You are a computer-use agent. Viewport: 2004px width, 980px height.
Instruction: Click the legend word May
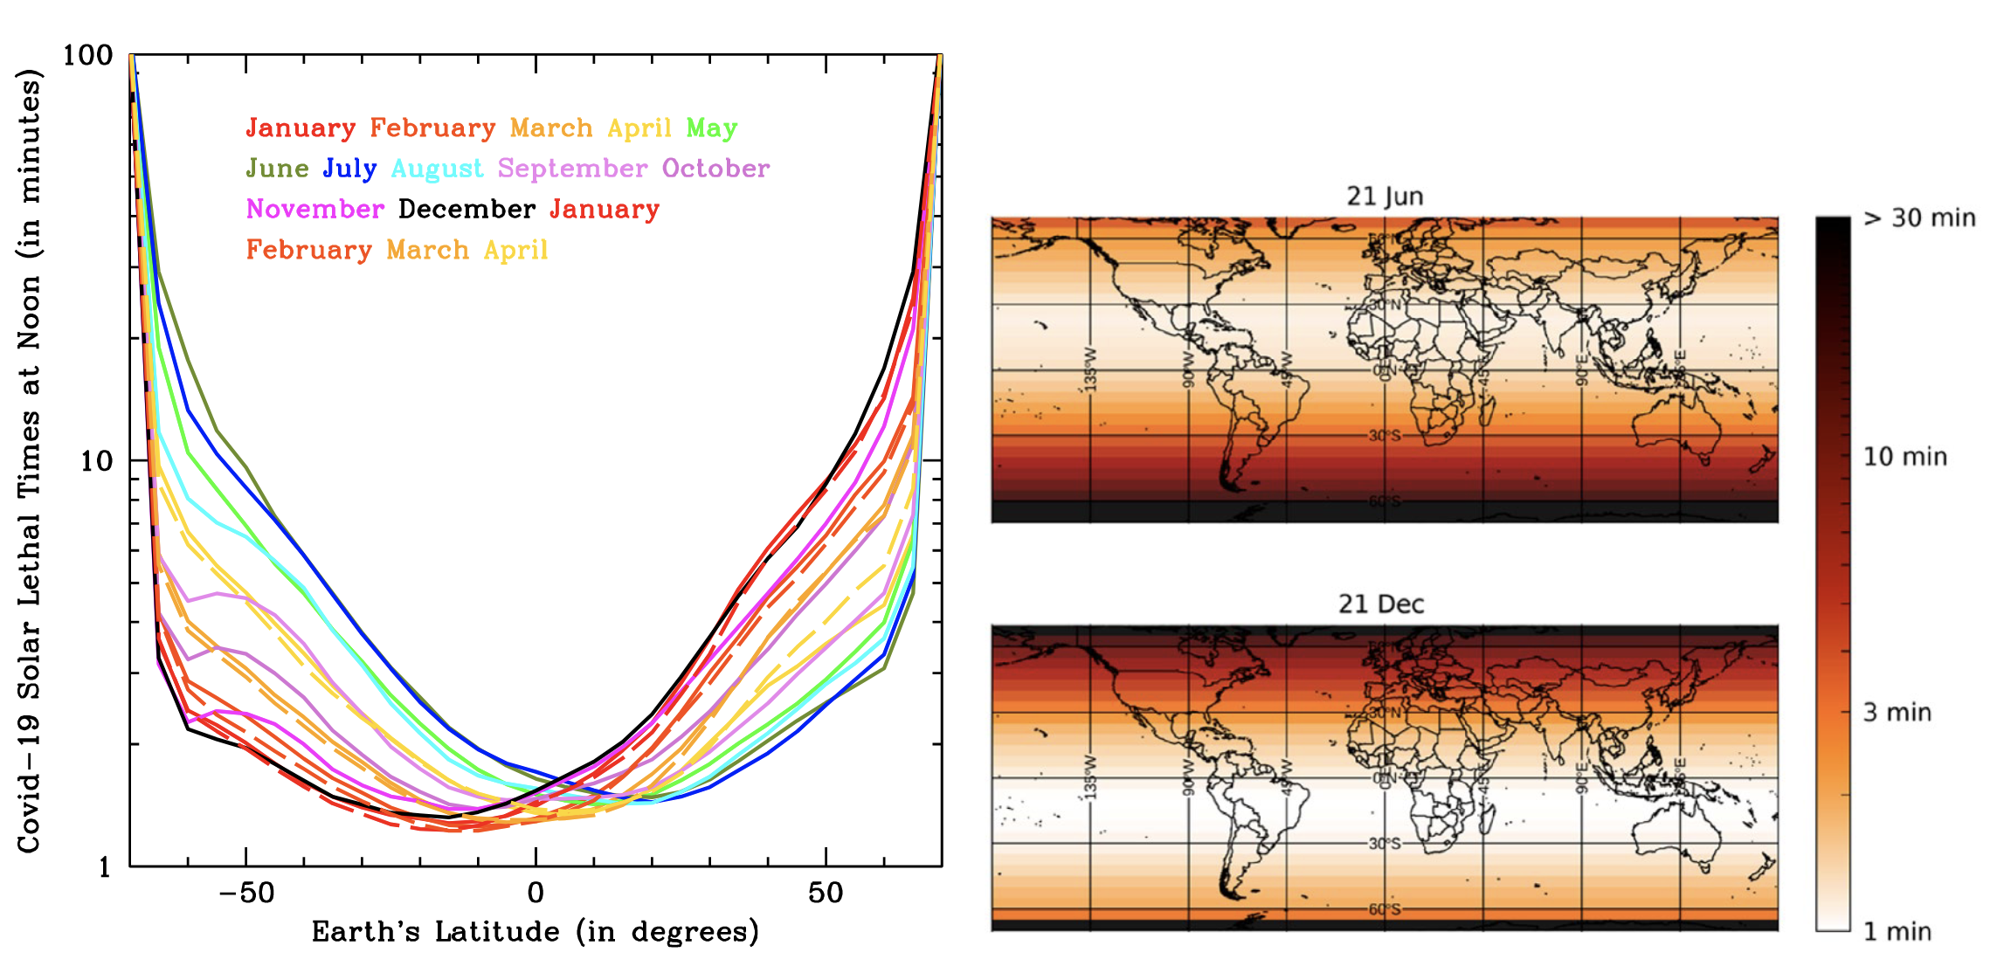tap(711, 128)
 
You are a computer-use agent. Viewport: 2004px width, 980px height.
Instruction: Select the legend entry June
tap(277, 169)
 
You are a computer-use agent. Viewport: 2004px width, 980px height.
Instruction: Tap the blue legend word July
tap(349, 169)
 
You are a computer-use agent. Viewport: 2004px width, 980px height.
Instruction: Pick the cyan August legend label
tap(437, 169)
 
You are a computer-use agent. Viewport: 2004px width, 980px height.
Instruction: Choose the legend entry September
tap(572, 169)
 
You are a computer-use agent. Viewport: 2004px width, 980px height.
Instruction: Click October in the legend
tap(715, 169)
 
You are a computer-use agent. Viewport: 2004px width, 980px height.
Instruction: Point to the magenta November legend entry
tap(314, 210)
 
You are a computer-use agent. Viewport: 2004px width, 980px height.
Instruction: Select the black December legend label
tap(466, 210)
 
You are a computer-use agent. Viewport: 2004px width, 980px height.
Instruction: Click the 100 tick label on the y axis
tap(87, 56)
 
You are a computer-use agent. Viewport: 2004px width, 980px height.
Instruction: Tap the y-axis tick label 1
tap(105, 867)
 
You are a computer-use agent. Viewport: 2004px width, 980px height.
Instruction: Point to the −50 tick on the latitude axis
tap(245, 894)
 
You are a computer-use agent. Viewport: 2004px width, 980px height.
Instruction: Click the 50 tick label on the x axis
tap(826, 894)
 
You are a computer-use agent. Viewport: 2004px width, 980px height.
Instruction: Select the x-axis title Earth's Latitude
tap(535, 932)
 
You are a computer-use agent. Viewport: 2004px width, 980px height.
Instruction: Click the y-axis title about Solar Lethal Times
tap(29, 460)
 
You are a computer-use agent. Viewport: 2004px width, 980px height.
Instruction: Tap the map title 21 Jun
tap(1385, 197)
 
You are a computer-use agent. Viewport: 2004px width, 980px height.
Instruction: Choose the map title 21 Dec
tap(1381, 604)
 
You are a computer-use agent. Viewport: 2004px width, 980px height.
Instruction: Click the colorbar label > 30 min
tap(1919, 218)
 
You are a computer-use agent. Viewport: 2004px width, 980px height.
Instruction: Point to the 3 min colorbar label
tap(1897, 713)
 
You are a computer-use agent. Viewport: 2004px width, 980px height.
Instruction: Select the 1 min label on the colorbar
tap(1897, 931)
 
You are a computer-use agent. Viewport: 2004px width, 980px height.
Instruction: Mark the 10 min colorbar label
tap(1904, 457)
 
